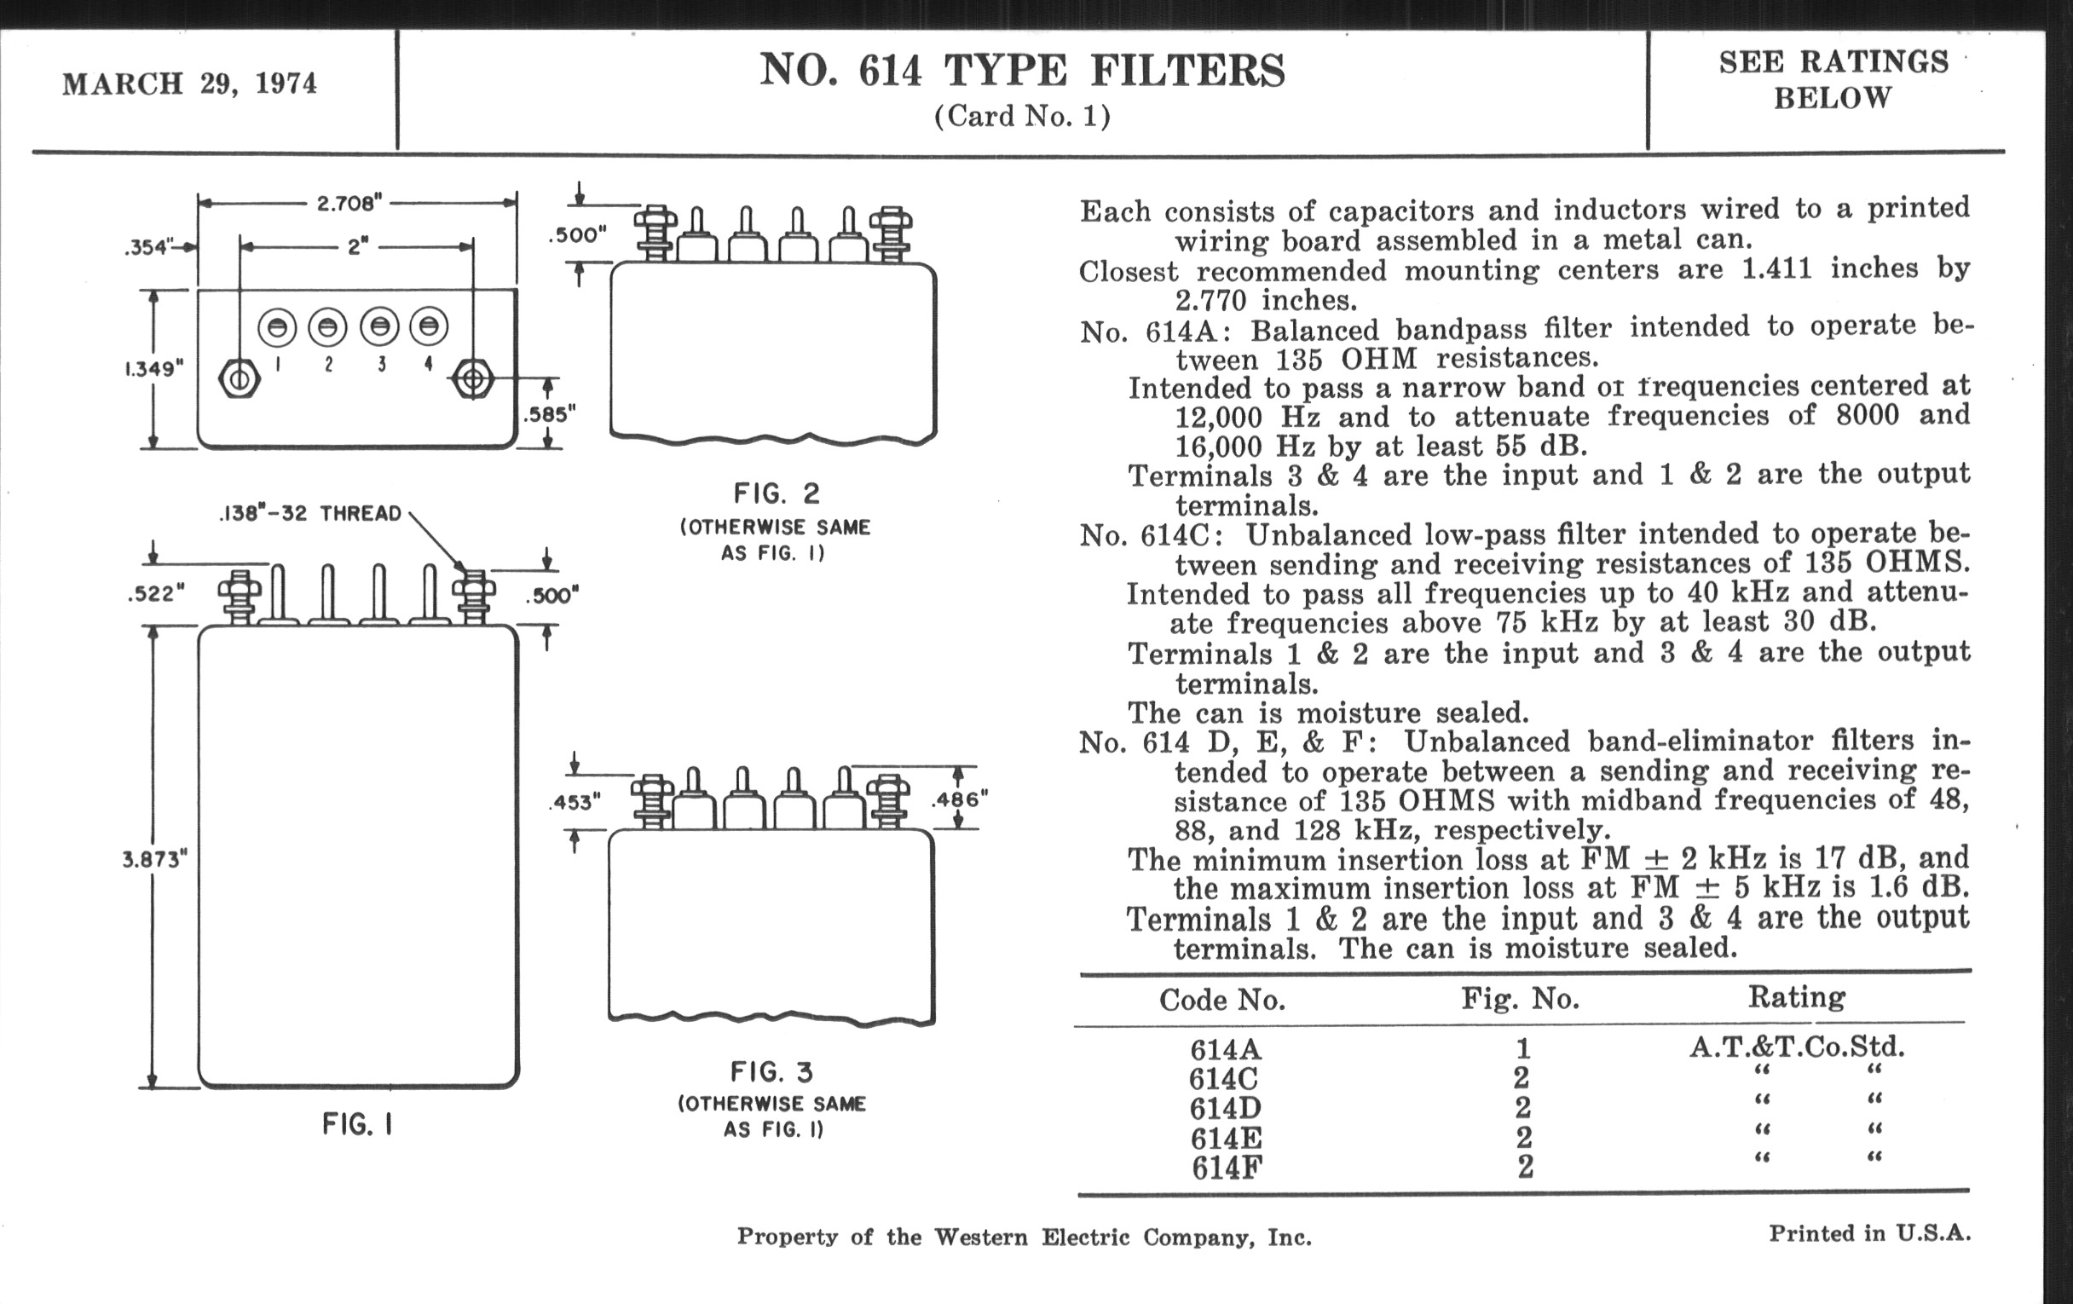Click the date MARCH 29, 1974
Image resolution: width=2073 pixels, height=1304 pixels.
pyautogui.click(x=189, y=84)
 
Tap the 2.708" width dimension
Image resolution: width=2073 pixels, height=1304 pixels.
pyautogui.click(x=349, y=204)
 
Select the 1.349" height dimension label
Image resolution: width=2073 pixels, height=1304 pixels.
pyautogui.click(x=153, y=369)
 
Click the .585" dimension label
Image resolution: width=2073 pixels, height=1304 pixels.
pyautogui.click(x=549, y=415)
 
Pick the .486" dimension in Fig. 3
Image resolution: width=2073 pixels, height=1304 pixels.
pyautogui.click(x=960, y=799)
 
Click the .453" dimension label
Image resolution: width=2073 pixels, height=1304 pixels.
pyautogui.click(x=575, y=802)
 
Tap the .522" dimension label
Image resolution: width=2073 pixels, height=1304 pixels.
pyautogui.click(x=156, y=594)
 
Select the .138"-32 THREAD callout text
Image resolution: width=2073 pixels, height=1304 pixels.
pyautogui.click(x=310, y=514)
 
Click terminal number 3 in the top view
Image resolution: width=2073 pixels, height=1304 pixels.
pyautogui.click(x=380, y=365)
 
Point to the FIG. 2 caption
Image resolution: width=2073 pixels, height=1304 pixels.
pyautogui.click(x=777, y=494)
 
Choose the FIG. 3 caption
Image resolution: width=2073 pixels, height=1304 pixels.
pyautogui.click(x=771, y=1072)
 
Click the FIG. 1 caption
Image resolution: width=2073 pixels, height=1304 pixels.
pyautogui.click(x=357, y=1124)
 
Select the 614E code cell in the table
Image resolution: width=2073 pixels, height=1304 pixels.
pyautogui.click(x=1226, y=1139)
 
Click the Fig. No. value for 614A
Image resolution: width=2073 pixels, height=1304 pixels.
pyautogui.click(x=1523, y=1048)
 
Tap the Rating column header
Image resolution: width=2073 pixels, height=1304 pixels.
pyautogui.click(x=1797, y=997)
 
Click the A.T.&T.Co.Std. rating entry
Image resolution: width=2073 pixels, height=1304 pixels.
pyautogui.click(x=1797, y=1047)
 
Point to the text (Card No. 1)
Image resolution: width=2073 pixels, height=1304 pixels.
pyautogui.click(x=1022, y=116)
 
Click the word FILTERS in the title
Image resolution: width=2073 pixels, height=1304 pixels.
pyautogui.click(x=1187, y=71)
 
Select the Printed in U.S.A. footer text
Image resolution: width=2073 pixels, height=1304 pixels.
pyautogui.click(x=1869, y=1233)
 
